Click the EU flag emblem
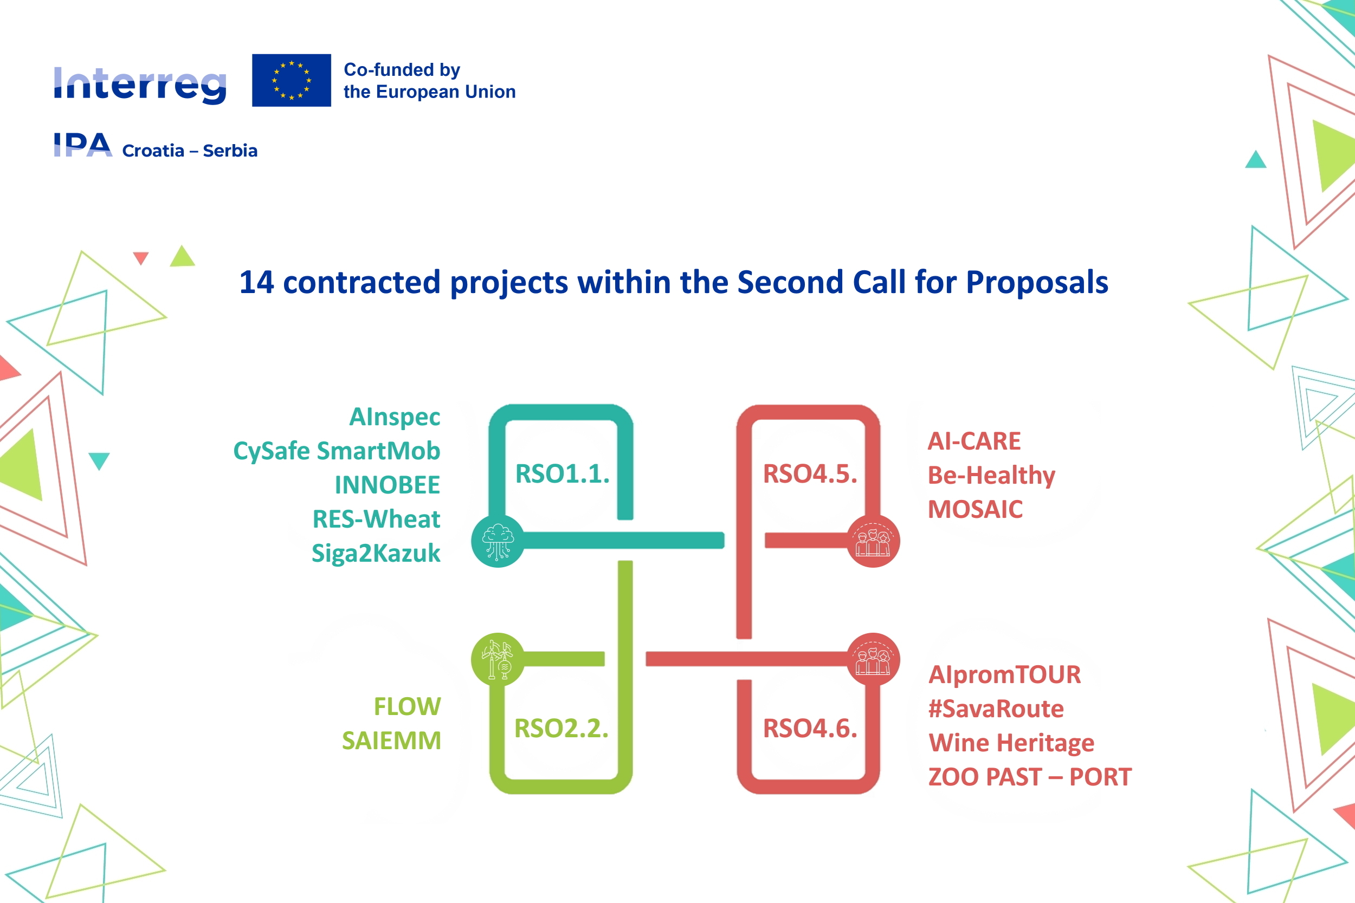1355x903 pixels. (292, 80)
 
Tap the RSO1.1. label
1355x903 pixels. (562, 473)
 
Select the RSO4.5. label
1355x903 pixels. (810, 473)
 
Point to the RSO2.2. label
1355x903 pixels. (561, 728)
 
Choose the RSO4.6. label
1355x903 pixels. (810, 728)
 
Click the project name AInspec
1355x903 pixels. (395, 417)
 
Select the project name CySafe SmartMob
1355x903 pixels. (337, 451)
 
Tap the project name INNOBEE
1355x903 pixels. (387, 485)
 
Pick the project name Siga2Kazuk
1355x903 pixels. (376, 553)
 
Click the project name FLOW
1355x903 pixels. (407, 706)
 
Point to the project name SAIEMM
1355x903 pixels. (391, 740)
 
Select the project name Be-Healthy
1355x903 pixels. (991, 476)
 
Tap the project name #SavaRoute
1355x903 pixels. (996, 709)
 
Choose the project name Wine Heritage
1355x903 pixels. (1011, 743)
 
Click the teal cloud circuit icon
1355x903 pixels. (498, 541)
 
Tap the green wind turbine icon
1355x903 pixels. (498, 659)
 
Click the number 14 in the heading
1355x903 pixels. (256, 283)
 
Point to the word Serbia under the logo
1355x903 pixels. (230, 151)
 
